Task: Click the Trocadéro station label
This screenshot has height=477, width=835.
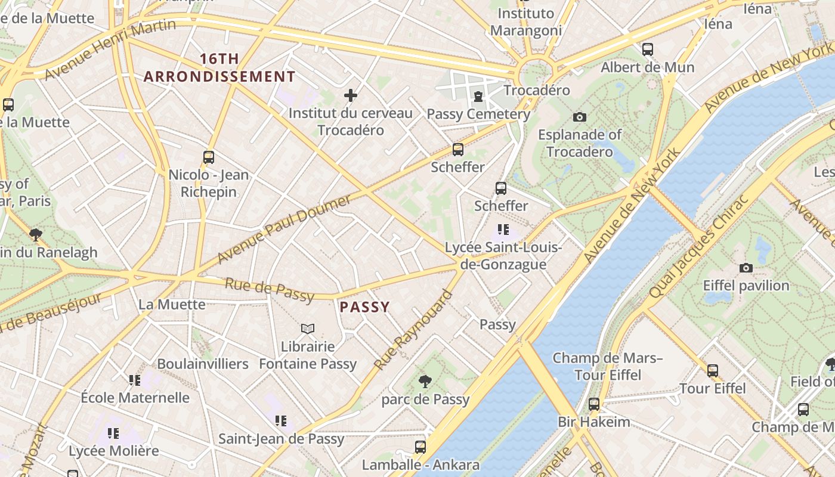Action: [537, 90]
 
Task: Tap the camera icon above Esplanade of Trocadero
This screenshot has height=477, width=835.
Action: [579, 117]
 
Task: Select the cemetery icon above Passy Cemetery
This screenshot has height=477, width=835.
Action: [478, 96]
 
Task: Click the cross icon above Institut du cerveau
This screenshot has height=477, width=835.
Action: [351, 95]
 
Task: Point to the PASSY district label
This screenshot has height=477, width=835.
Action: [364, 307]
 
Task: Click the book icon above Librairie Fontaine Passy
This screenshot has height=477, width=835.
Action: [308, 329]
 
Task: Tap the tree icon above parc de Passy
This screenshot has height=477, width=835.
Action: [425, 382]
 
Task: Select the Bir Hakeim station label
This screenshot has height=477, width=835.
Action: [593, 422]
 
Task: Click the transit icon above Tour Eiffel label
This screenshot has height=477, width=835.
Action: [712, 371]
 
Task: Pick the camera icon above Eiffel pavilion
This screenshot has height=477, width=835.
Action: [746, 268]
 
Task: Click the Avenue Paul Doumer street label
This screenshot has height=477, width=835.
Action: [284, 229]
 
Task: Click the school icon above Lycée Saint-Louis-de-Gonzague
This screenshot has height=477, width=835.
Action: [503, 229]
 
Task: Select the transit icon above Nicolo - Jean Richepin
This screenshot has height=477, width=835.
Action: [208, 157]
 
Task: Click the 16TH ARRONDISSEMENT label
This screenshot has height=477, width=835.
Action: [219, 68]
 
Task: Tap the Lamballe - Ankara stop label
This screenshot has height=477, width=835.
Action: [420, 464]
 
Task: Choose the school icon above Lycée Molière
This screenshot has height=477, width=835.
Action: [113, 433]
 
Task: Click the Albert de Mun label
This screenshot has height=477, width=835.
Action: [647, 67]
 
